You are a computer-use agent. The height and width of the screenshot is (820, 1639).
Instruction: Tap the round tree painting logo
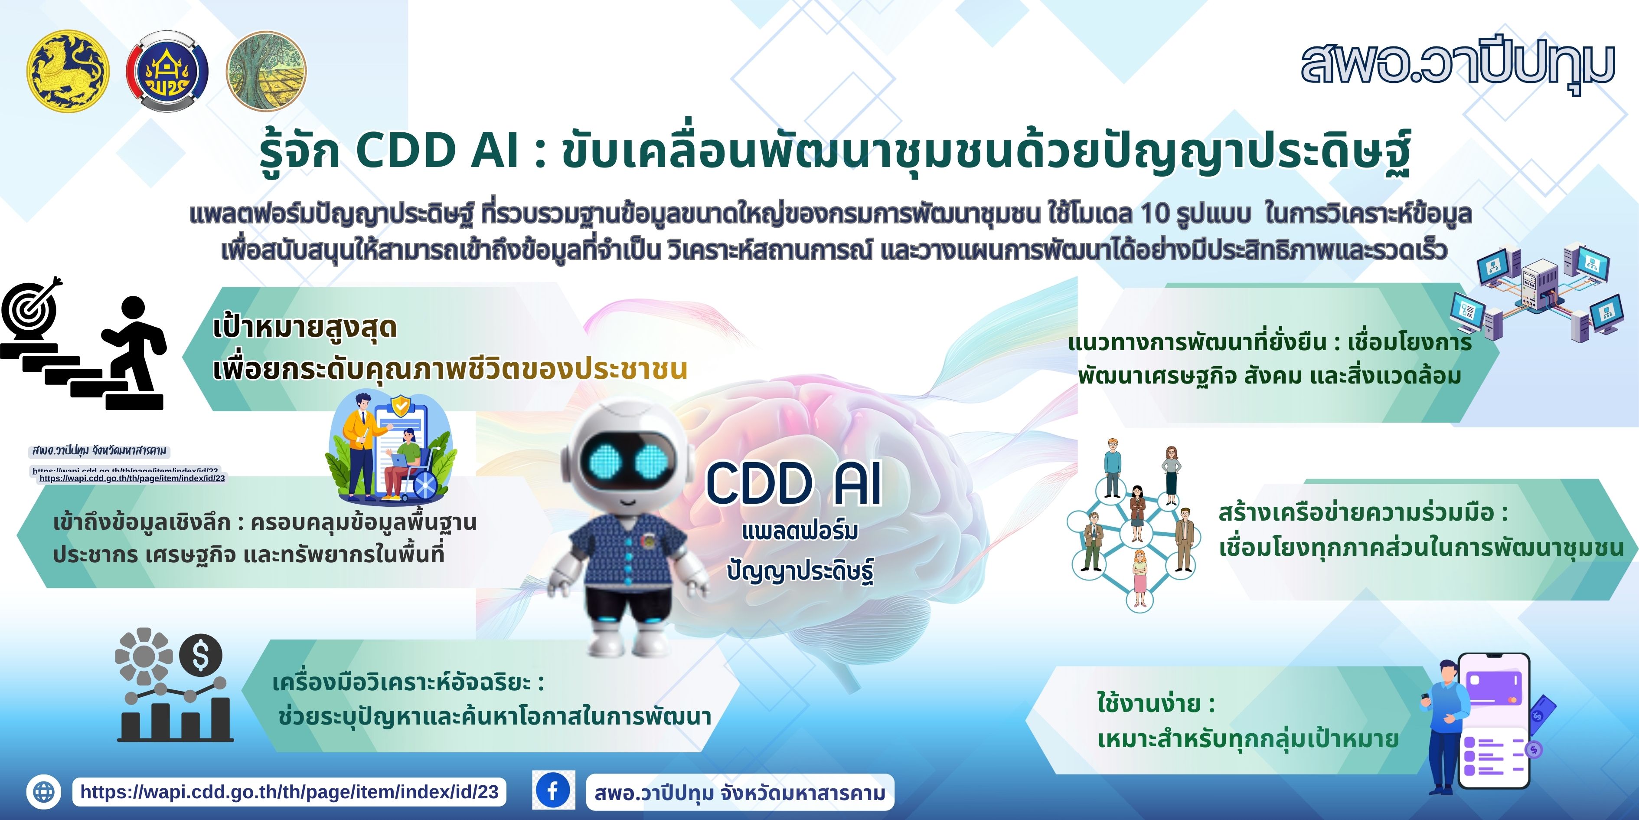click(266, 71)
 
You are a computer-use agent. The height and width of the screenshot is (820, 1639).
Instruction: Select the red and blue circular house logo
click(167, 71)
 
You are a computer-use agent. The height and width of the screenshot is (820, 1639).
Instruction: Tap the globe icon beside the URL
click(44, 792)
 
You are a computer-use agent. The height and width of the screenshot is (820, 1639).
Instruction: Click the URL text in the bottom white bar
click(290, 791)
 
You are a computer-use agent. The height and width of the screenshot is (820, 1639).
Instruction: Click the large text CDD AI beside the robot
click(793, 484)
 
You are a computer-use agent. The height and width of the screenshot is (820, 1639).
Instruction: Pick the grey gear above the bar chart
click(144, 656)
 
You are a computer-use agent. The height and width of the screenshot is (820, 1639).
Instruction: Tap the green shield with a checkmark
click(400, 406)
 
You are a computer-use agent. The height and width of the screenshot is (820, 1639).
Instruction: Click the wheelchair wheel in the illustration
click(425, 487)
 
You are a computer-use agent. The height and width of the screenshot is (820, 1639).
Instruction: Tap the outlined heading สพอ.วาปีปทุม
click(1457, 64)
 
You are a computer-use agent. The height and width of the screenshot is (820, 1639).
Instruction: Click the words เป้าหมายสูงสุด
click(305, 328)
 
